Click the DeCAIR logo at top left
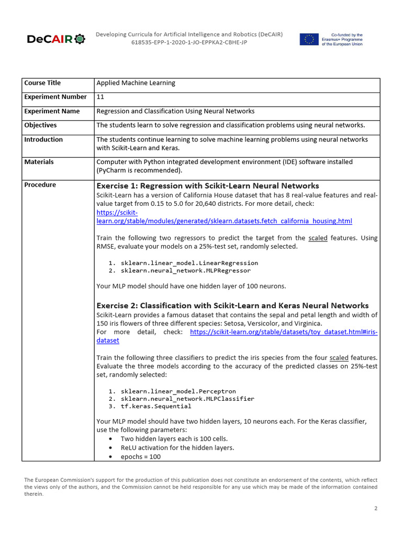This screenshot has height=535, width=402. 55,39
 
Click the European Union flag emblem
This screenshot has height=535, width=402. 309,39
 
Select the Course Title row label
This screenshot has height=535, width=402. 42,83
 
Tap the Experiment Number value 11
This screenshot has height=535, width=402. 100,97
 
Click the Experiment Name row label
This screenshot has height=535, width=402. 52,111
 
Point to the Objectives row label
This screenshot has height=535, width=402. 40,125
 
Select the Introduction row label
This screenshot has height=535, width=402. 43,139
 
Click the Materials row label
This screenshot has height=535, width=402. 39,162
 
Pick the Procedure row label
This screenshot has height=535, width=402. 40,184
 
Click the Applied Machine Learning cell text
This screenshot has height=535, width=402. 136,83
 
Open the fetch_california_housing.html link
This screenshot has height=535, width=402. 225,221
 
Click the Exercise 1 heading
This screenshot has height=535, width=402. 208,185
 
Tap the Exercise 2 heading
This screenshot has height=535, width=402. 232,305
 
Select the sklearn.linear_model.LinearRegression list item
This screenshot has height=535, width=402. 189,263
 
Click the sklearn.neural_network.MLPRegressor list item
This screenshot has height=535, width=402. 185,271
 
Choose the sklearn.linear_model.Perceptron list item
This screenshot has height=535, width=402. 178,391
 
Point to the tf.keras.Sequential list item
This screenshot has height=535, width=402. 156,406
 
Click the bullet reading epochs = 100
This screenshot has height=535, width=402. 140,456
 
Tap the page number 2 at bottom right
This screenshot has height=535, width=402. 375,508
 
